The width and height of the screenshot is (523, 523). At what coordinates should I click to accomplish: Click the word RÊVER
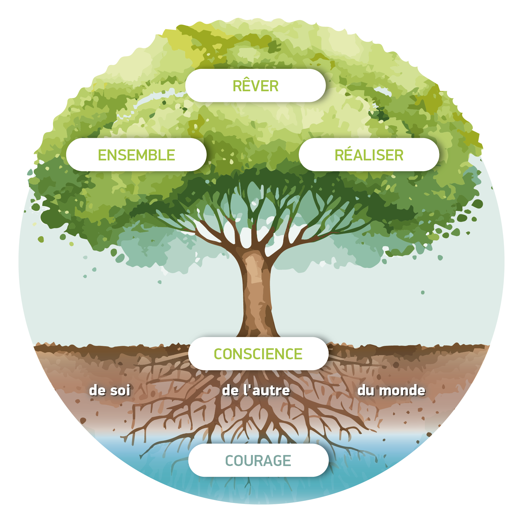tap(256, 86)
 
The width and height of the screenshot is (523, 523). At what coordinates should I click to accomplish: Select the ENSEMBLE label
tap(136, 155)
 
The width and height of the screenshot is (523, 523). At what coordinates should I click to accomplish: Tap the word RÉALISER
tap(369, 155)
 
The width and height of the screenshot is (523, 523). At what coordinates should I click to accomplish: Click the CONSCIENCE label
tap(258, 354)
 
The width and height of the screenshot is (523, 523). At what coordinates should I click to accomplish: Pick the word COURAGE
tap(258, 461)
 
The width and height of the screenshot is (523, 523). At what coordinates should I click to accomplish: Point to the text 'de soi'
tap(110, 390)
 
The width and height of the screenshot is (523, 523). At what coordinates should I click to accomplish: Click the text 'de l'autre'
tap(256, 390)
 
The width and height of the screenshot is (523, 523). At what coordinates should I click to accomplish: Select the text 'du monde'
tap(391, 390)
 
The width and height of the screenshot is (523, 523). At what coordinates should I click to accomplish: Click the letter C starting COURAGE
tap(230, 461)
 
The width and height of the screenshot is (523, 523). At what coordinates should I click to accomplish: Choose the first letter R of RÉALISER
tap(340, 155)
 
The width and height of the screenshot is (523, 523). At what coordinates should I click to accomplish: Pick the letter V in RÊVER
tap(255, 86)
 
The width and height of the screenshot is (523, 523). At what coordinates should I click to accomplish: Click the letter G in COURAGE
tap(276, 461)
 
